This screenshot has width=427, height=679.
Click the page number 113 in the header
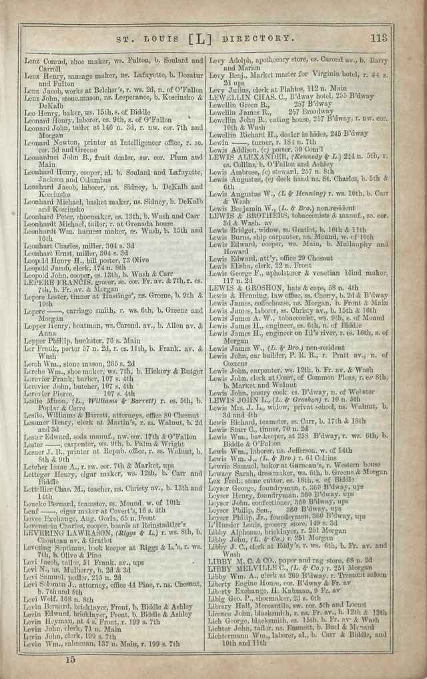(379, 39)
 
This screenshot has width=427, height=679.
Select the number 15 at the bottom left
(70, 660)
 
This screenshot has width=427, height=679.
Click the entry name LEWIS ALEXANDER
(242, 156)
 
